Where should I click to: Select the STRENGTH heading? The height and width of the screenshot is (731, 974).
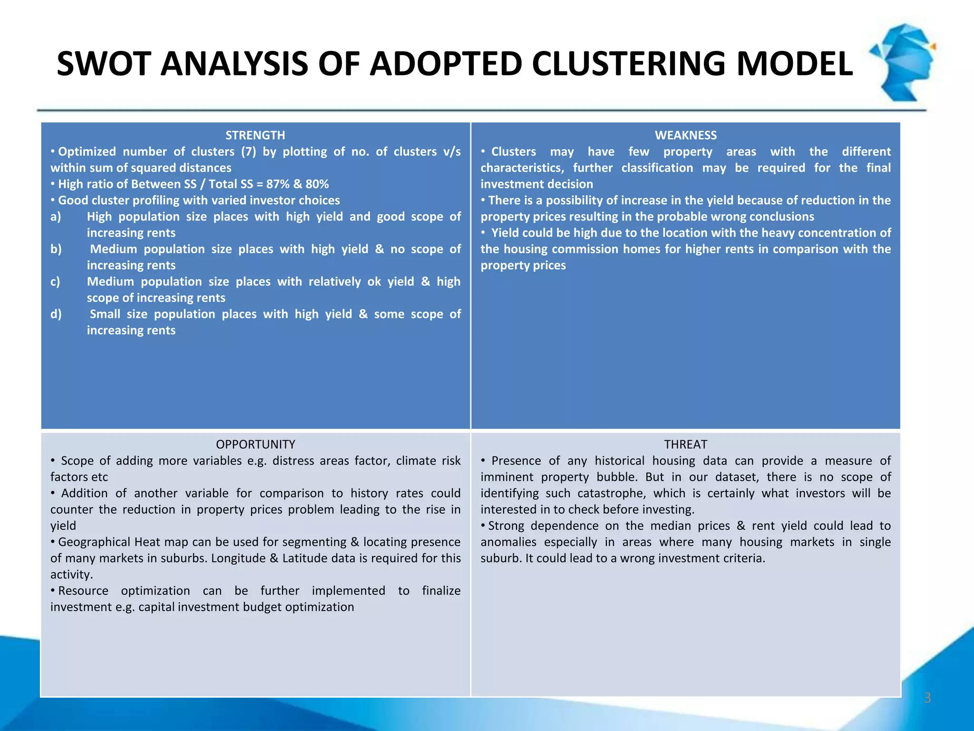[x=255, y=136]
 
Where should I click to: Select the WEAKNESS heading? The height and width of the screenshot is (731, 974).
[x=685, y=136]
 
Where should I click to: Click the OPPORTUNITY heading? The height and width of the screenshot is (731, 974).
[x=255, y=445]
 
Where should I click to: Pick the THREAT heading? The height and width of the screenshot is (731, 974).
[x=685, y=445]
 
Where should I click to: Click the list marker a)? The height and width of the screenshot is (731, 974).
[x=56, y=217]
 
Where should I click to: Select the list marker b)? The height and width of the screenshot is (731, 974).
[x=56, y=249]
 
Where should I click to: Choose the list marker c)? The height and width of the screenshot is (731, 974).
[x=56, y=282]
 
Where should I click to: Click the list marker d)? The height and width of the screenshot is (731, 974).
[x=56, y=314]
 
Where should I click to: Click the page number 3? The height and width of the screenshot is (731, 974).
[x=927, y=698]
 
